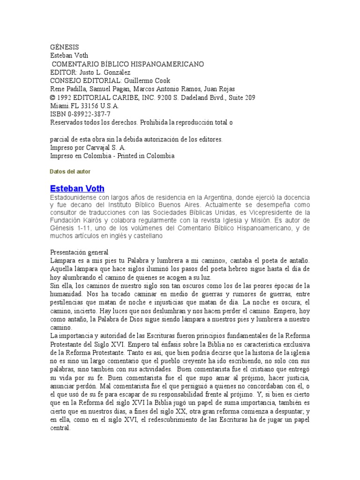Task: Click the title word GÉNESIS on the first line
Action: [x=64, y=47]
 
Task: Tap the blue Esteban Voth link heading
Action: [x=77, y=188]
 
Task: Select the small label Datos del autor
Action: [x=70, y=172]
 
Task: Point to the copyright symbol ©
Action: [x=52, y=97]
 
